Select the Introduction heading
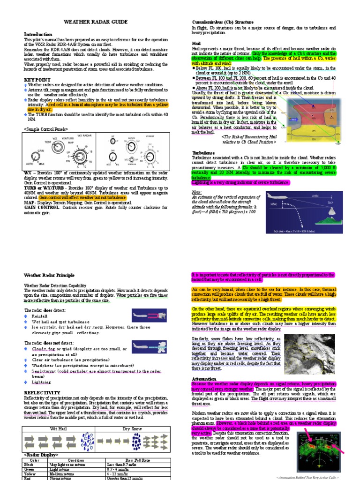coord(38,35)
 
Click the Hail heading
coord(196,43)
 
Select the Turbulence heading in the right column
coord(203,153)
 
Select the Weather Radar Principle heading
coord(49,275)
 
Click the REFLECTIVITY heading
coord(42,392)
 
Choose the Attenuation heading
coord(204,379)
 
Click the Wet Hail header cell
coord(59,429)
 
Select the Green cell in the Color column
coord(29,469)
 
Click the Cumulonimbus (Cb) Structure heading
coord(223,22)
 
